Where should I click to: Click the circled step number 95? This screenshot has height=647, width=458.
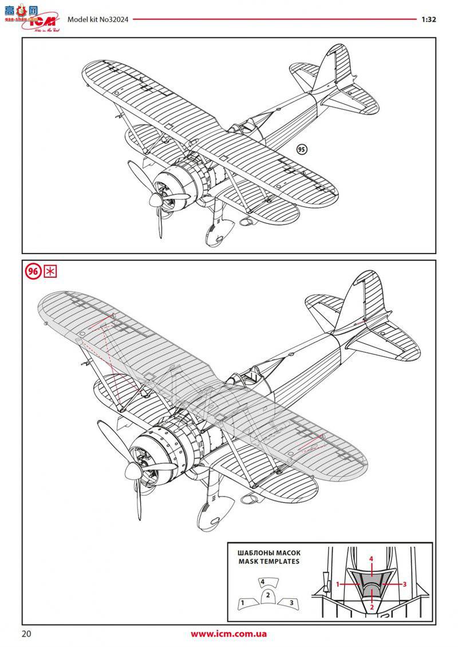coord(302,149)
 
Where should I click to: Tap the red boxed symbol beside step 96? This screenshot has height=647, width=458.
coord(50,271)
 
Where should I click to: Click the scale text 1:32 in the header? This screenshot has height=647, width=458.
coord(429,19)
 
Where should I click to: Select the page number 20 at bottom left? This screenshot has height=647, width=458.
coord(27,634)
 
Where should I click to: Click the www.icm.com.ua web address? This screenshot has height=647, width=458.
coord(229,634)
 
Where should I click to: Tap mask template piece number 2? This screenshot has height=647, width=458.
coord(267,595)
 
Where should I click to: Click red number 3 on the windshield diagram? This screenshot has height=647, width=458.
coord(404,584)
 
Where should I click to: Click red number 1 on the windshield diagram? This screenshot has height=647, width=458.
coord(338,584)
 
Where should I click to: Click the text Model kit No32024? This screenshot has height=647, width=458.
coord(98,19)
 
